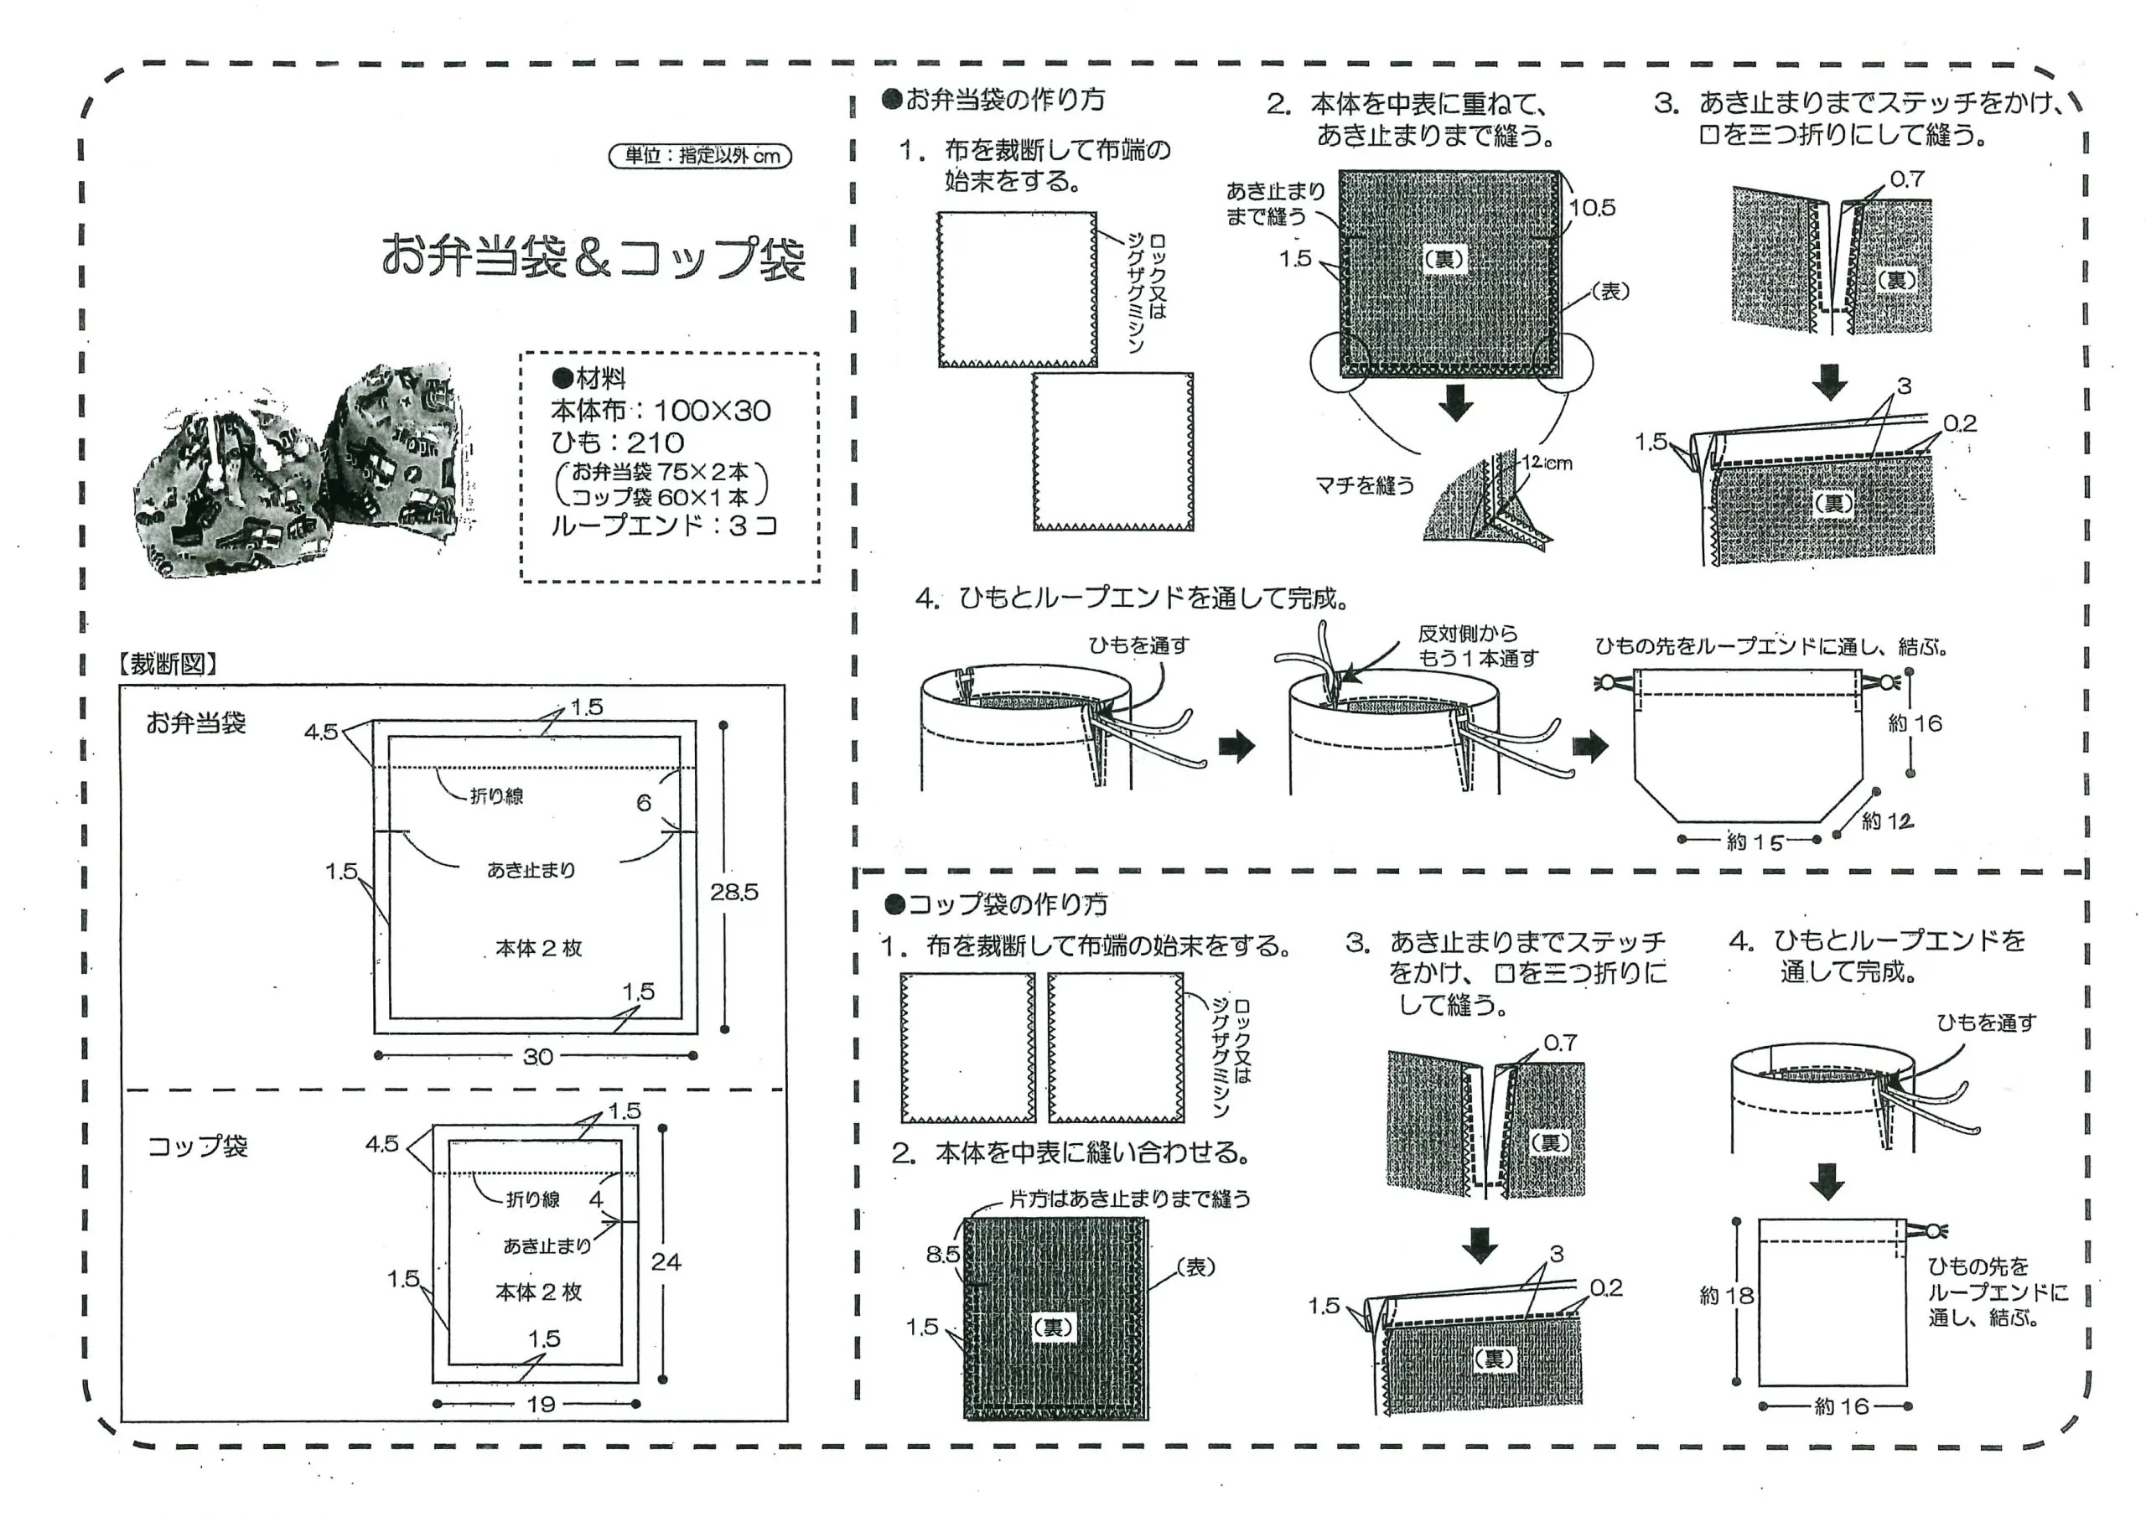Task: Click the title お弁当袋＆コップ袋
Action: click(x=593, y=257)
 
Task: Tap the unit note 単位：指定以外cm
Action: click(x=700, y=155)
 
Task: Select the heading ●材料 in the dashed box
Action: click(x=588, y=378)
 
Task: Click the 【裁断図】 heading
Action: click(x=168, y=664)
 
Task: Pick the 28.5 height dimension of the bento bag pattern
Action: click(x=733, y=892)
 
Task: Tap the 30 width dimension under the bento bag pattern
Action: click(x=537, y=1056)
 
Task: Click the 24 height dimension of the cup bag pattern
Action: click(x=666, y=1262)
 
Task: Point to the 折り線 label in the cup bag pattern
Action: click(x=533, y=1199)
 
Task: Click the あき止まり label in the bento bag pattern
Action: click(x=531, y=870)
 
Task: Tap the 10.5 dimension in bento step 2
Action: click(x=1592, y=208)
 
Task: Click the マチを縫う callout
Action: click(x=1365, y=485)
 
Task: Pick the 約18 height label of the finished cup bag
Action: click(x=1726, y=1296)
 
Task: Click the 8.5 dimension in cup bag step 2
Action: click(x=942, y=1255)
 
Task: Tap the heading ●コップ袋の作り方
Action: click(x=997, y=903)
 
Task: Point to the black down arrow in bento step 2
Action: click(x=1455, y=403)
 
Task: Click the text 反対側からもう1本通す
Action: click(x=1477, y=646)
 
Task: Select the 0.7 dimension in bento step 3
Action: click(x=1907, y=179)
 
